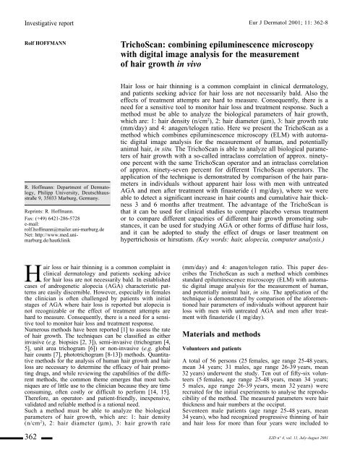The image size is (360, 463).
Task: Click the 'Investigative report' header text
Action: pos(35,7)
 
